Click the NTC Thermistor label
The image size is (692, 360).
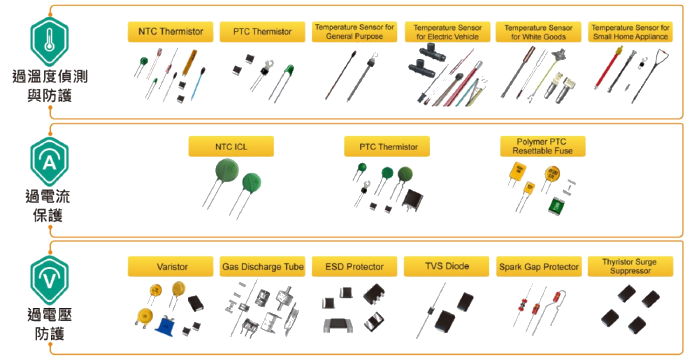171,32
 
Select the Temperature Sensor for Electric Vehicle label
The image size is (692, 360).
447,32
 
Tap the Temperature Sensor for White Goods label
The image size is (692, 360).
538,32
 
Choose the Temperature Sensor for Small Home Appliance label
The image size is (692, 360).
630,32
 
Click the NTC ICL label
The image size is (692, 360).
231,147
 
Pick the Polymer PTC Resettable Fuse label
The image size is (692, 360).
542,146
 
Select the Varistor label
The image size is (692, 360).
171,267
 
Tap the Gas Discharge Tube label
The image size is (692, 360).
262,267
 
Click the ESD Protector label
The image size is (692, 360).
354,267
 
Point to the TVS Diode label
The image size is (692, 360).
446,266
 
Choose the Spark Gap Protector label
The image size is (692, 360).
539,267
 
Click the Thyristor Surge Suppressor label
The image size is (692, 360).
630,266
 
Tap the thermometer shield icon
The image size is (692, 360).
49,42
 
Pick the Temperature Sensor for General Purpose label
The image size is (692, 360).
354,32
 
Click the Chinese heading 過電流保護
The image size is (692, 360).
48,206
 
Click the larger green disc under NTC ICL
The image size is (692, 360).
226,172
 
